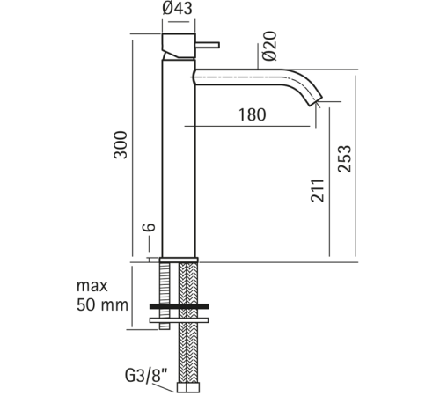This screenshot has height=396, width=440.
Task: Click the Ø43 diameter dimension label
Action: [178, 8]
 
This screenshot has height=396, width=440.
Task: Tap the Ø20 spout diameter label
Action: [270, 46]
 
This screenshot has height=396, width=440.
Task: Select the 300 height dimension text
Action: [121, 145]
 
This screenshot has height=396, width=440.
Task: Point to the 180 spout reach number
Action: [253, 114]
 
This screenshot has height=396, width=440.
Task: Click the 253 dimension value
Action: [344, 158]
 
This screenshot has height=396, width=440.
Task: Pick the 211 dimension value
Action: [318, 191]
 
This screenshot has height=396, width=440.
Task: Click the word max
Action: [92, 286]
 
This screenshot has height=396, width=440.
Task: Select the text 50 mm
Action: [102, 305]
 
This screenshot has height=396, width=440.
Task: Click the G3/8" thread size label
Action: [146, 376]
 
